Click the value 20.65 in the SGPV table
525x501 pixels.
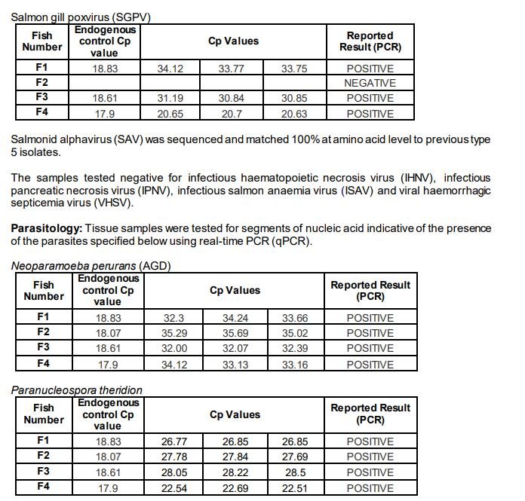coord(170,114)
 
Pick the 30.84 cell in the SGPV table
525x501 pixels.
coord(233,99)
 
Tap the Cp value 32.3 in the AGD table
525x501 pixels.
coord(174,318)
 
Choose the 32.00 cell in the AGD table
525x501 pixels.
coord(174,348)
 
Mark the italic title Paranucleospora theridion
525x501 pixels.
coord(76,389)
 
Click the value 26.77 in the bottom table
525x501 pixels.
coord(174,441)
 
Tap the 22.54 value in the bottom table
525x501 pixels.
coord(174,487)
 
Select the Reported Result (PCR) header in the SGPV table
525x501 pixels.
coord(370,41)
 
